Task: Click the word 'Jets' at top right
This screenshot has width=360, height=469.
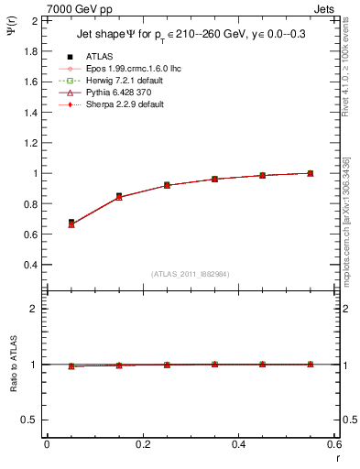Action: point(326,8)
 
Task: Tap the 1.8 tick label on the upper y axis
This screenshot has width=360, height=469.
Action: point(28,51)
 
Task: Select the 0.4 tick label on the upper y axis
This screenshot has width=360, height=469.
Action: point(28,265)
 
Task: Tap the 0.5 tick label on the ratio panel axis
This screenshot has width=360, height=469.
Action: point(28,420)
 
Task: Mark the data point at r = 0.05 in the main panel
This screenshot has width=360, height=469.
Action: point(71,223)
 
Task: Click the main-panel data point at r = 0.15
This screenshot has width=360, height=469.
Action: point(119,196)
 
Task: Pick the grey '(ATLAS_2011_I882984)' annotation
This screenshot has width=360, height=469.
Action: point(191,273)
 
